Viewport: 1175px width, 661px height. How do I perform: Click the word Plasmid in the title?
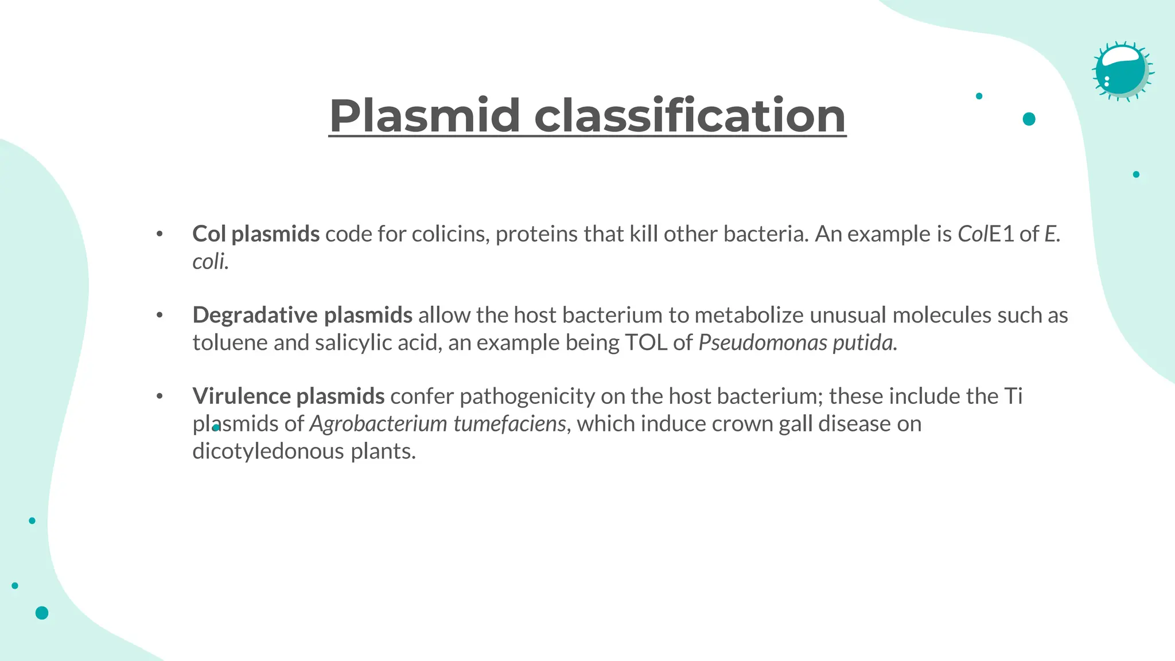pos(425,116)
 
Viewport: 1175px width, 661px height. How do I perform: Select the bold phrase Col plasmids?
pos(256,234)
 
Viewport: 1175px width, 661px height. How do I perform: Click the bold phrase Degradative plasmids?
pos(302,315)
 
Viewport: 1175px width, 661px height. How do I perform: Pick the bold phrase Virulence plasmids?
pos(288,396)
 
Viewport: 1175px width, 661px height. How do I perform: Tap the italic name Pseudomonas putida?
pos(797,343)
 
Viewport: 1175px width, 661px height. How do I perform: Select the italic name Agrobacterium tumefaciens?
pos(438,424)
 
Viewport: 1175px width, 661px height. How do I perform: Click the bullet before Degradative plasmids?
pos(159,315)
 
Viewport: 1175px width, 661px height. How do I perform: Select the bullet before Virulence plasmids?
pos(159,396)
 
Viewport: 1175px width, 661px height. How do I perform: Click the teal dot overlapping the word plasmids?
pos(216,427)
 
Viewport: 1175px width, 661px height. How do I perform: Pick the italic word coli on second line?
pos(208,262)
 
